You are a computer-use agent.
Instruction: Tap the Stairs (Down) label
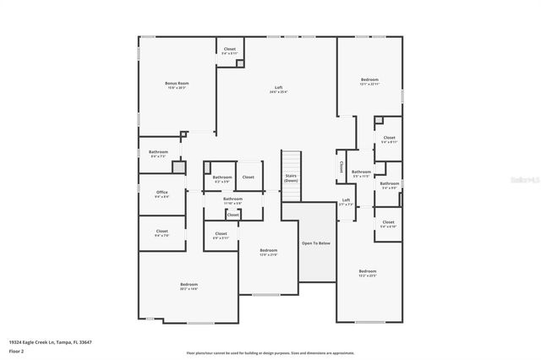[x=291, y=178]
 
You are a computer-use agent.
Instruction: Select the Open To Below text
[x=316, y=243]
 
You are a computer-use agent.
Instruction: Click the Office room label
[x=161, y=194]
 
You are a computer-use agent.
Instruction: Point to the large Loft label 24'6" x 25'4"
[x=278, y=89]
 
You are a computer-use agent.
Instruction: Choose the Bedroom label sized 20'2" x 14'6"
[x=189, y=286]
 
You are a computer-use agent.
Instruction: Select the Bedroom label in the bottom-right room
[x=368, y=273]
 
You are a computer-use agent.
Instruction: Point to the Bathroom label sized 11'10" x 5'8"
[x=232, y=200]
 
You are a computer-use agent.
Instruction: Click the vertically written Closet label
[x=341, y=166]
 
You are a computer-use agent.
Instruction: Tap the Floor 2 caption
[x=17, y=351]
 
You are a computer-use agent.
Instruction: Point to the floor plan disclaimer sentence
[x=270, y=353]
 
